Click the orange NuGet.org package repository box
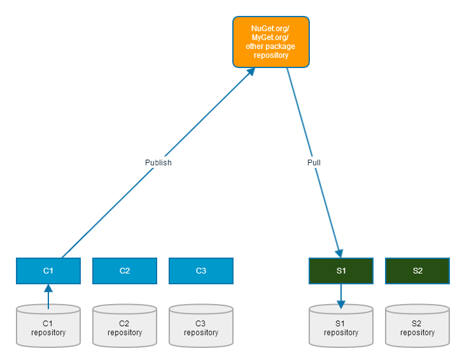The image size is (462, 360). coord(270,42)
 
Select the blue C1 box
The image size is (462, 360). coord(48,270)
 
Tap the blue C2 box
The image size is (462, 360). coord(125,270)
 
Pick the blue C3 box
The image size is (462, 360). coord(201,270)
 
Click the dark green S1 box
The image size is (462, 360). coord(341,270)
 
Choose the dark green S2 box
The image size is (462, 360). coord(417,270)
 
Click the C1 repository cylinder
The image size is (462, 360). coord(48,326)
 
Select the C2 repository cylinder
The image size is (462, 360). coord(125,326)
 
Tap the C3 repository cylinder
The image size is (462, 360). coord(201,326)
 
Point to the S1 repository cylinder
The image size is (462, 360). coord(341,326)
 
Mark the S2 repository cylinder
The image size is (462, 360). coord(417,326)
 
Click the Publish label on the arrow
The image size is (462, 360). coord(158,162)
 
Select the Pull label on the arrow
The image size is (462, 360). coord(314,162)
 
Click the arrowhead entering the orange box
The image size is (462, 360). coord(251,72)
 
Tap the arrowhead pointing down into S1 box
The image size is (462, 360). coord(340,253)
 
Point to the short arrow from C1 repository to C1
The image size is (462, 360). coord(48,296)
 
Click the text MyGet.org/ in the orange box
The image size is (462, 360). coord(270,38)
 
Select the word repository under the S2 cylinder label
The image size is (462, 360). coord(417,333)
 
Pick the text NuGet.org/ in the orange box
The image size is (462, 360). coord(270,29)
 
